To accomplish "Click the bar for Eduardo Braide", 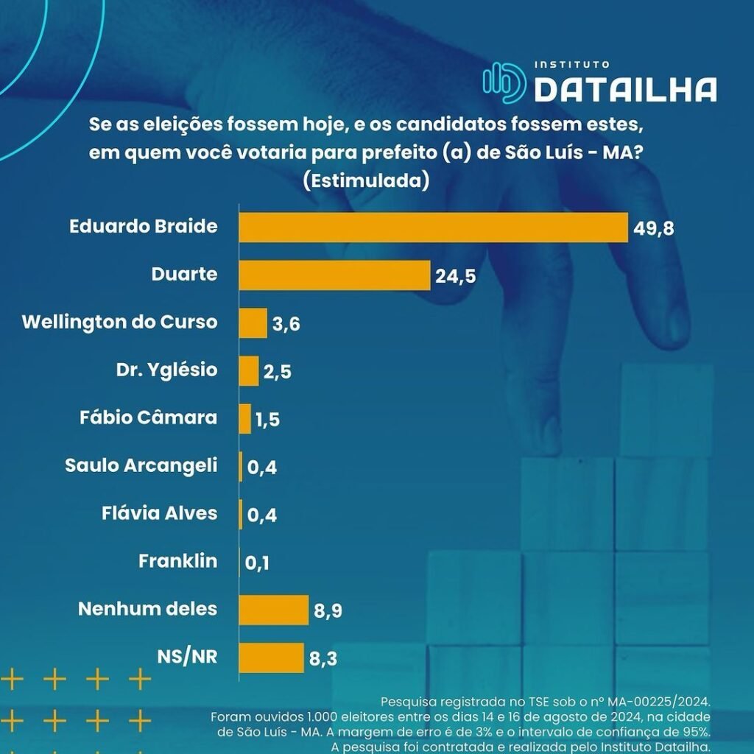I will (433, 228).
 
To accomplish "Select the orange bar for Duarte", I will (334, 275).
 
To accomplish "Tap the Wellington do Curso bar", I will (253, 323).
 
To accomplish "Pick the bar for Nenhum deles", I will (273, 610).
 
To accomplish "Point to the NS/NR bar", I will (271, 658).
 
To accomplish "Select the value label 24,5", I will (456, 277).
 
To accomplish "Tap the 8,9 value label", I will (329, 611).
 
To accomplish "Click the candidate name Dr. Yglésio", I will (168, 370).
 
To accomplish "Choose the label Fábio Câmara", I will (148, 417).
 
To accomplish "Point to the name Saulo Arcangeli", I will (141, 465).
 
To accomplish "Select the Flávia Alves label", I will (159, 513).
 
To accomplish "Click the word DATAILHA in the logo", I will (625, 89).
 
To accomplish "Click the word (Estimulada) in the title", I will (366, 180).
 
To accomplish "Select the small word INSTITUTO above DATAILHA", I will (571, 65).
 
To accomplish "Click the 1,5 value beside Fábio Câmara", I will (267, 420).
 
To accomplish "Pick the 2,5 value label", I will (277, 372).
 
